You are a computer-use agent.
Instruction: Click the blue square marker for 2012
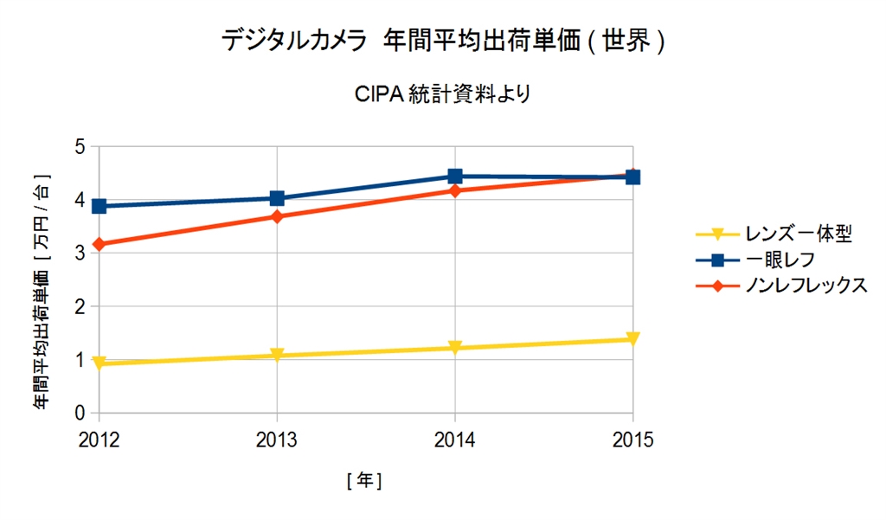tap(99, 206)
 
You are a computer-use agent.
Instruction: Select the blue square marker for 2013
tap(277, 198)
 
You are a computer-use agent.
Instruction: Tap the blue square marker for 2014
tap(455, 177)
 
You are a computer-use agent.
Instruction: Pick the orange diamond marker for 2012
tap(99, 245)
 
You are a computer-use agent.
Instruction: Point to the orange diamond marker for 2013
tap(277, 216)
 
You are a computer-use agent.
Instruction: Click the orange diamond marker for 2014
tap(455, 190)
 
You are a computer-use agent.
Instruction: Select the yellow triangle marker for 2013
tap(277, 356)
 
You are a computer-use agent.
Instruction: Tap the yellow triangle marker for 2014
tap(455, 348)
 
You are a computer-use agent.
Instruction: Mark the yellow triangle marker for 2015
tap(632, 339)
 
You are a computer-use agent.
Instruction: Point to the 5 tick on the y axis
tap(82, 147)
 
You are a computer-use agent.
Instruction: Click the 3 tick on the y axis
tap(82, 254)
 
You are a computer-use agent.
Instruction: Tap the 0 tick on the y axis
tap(82, 414)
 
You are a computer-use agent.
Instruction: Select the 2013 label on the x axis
tap(277, 440)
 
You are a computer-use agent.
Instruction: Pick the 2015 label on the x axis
tap(632, 440)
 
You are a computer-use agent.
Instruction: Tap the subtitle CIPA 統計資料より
tap(442, 94)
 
